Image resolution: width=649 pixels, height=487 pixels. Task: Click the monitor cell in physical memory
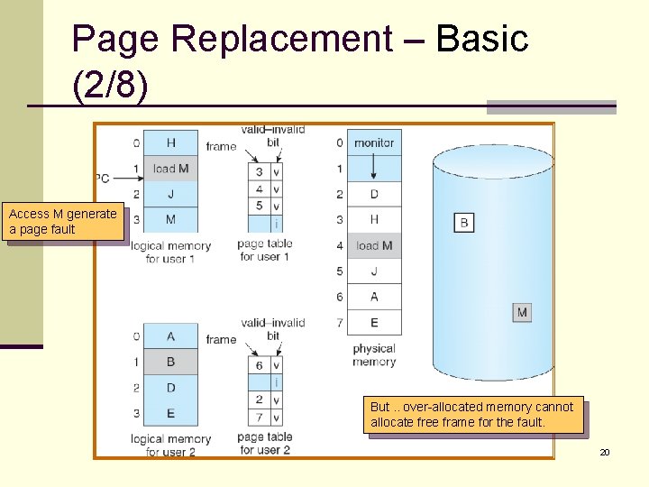(374, 142)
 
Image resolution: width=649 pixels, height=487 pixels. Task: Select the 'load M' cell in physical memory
(374, 245)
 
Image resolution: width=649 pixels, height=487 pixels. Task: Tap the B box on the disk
(463, 222)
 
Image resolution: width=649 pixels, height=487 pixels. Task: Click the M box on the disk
(522, 312)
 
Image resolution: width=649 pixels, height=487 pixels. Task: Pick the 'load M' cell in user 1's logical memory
(170, 168)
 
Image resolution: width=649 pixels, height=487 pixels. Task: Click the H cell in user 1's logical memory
(170, 142)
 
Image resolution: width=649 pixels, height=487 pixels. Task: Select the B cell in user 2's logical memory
(170, 362)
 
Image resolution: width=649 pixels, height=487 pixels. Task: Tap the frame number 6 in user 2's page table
(259, 365)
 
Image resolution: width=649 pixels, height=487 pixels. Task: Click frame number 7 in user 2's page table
(259, 417)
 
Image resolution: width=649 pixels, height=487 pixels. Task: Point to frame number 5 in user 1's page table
(259, 207)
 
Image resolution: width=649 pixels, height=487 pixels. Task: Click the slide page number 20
(605, 451)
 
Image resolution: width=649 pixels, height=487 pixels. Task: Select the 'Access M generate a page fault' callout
(63, 222)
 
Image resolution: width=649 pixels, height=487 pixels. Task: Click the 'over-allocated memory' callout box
(472, 415)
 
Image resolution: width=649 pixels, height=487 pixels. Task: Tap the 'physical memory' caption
(374, 355)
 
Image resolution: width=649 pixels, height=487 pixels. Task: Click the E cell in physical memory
(374, 322)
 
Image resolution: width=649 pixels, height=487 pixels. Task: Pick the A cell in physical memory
(374, 297)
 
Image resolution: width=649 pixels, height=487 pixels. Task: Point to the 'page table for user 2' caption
(264, 444)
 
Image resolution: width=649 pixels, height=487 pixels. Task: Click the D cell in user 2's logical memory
(170, 388)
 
